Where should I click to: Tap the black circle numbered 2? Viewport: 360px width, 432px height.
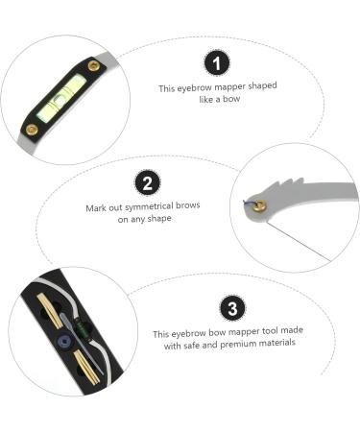pos(147,182)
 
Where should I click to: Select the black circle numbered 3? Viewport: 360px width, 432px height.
pos(230,308)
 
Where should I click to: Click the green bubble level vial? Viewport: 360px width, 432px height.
pos(62,96)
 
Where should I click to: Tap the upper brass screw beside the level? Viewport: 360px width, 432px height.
pos(93,66)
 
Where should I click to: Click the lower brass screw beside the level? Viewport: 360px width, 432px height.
pos(32,128)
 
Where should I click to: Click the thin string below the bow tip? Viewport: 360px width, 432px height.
pos(293,239)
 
